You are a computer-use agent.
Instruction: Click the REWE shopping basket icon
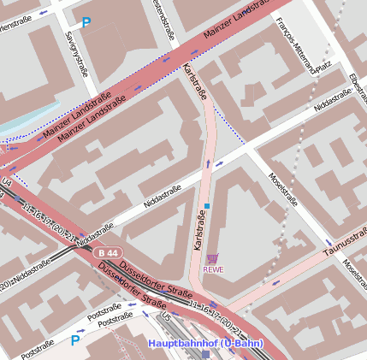click(213, 257)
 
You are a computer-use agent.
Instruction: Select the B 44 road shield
click(109, 254)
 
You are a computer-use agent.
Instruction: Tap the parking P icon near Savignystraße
click(85, 24)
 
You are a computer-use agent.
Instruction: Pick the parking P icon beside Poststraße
click(75, 340)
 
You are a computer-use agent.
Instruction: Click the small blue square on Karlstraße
click(206, 206)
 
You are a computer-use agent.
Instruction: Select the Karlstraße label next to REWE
click(198, 233)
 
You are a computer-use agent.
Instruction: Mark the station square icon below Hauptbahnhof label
click(205, 353)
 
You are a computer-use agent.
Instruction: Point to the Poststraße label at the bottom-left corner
click(38, 349)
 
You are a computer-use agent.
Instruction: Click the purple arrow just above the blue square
click(206, 162)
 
